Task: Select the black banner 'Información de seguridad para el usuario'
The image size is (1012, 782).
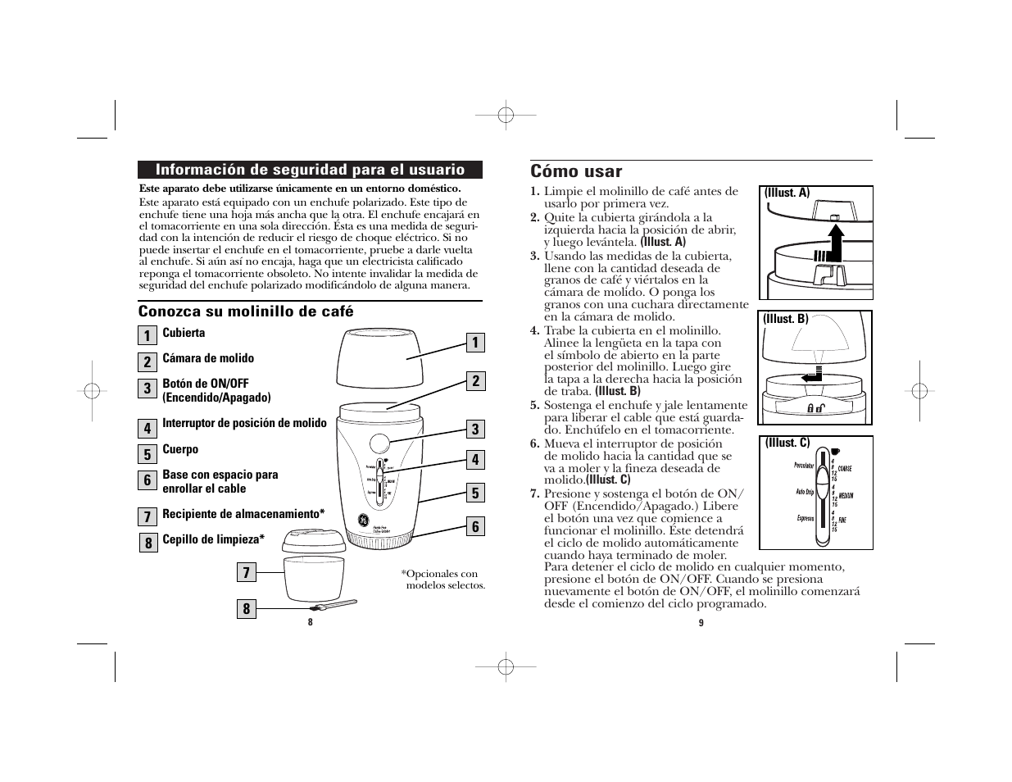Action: [310, 170]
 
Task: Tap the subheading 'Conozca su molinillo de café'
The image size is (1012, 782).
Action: [246, 311]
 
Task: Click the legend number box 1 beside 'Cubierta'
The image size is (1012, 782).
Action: [147, 335]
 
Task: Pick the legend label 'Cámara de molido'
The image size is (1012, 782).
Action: [208, 358]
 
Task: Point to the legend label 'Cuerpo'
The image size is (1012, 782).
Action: [180, 449]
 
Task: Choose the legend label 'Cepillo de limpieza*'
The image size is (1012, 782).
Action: [213, 539]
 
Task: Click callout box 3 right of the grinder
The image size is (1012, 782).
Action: [474, 429]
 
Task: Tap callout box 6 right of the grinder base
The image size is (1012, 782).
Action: [474, 526]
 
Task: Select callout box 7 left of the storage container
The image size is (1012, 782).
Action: [245, 573]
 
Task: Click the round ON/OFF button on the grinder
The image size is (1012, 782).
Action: [379, 443]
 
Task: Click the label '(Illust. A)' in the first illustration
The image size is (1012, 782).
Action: [787, 193]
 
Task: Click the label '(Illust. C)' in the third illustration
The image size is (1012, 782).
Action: [787, 443]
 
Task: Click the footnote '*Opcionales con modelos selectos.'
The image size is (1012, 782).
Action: [442, 580]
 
